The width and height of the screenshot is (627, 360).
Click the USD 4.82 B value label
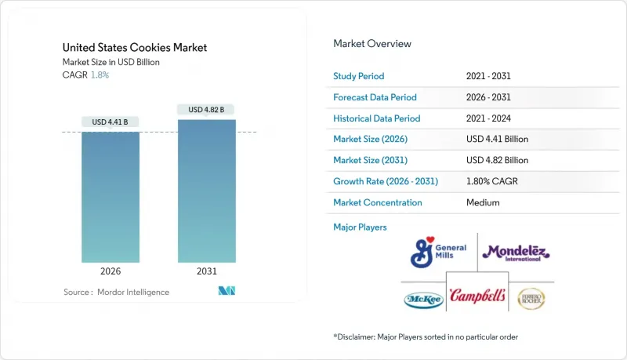point(207,110)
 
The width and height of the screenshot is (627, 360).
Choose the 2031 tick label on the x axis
point(207,272)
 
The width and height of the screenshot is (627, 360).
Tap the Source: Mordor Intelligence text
point(116,292)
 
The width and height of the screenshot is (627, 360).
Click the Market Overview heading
point(371,44)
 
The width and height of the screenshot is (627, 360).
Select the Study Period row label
point(359,76)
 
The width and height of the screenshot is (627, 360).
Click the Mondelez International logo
point(516,252)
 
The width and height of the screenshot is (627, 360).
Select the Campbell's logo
point(477,297)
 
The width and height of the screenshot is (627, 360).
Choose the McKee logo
point(422,299)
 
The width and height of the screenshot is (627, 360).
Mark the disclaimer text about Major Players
point(426,336)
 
